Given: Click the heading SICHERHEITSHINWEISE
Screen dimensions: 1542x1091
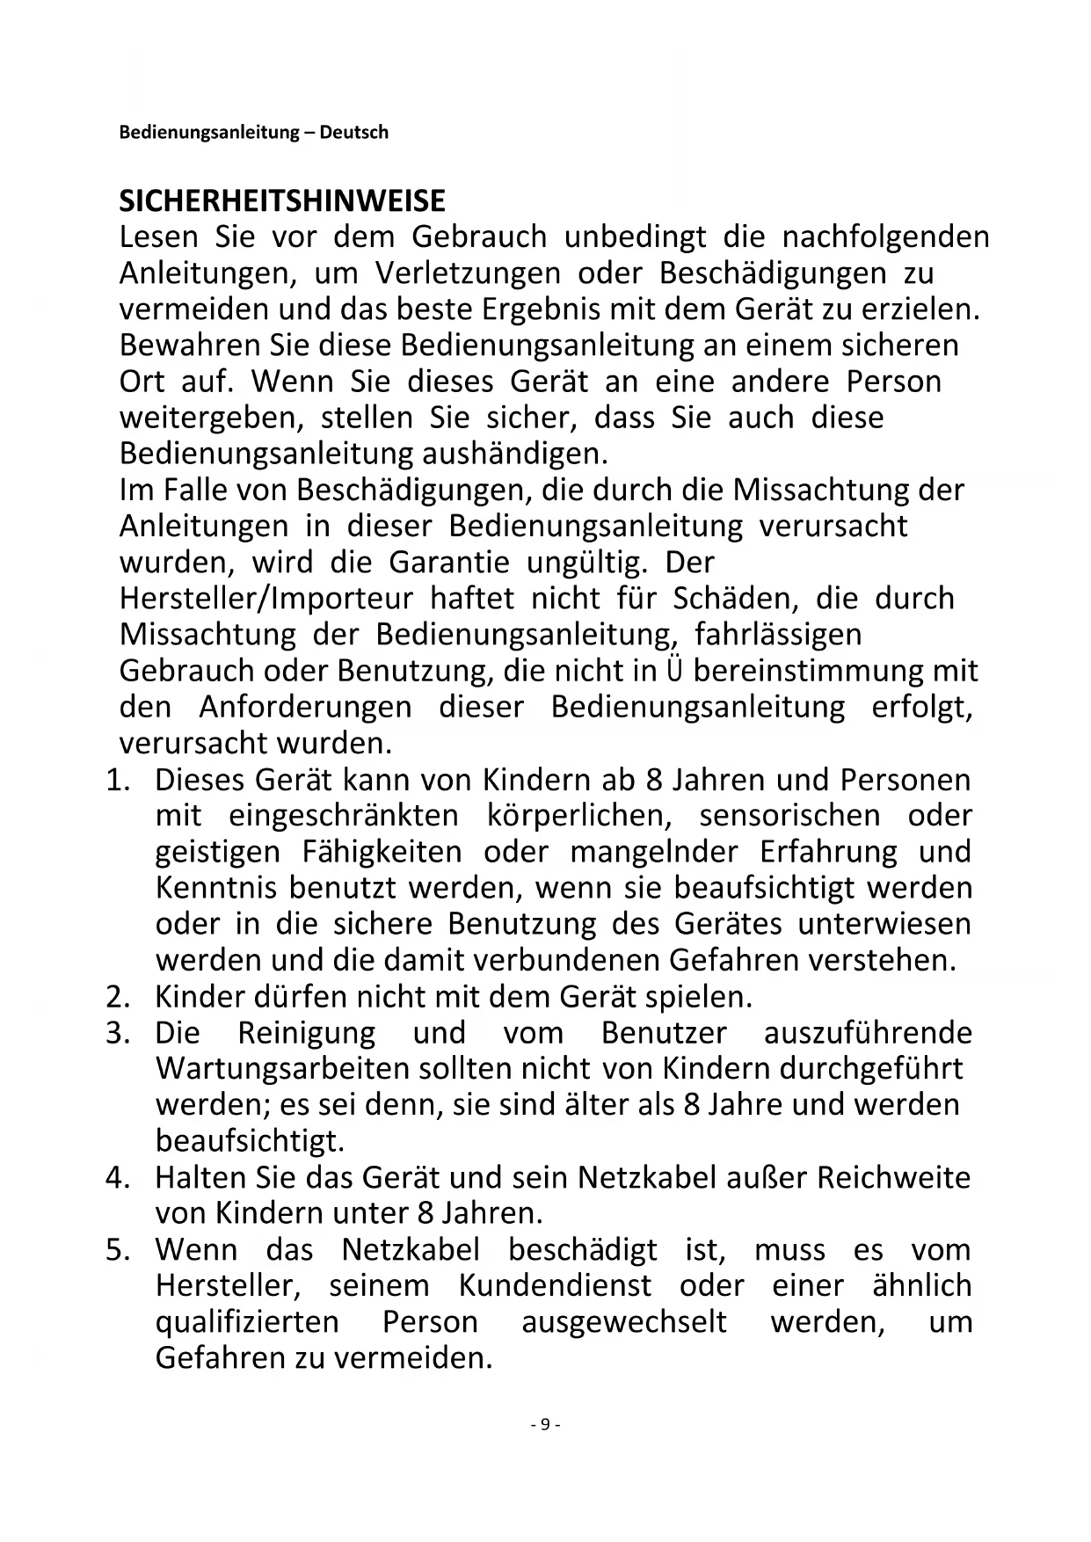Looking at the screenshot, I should tap(282, 201).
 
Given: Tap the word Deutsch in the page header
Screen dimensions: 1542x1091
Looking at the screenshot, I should tap(353, 133).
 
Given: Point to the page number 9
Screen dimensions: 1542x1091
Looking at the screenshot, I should tap(545, 1425).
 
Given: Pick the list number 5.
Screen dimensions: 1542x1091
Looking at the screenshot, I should tap(118, 1250).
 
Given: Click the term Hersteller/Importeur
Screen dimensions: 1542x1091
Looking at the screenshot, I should tap(265, 599).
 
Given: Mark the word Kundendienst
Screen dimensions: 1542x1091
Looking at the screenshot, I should tap(555, 1286).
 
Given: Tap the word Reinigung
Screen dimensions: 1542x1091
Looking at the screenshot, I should tap(307, 1033).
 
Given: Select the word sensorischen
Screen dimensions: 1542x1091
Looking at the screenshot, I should tap(789, 816).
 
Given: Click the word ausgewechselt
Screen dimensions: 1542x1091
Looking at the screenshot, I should tap(624, 1322).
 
